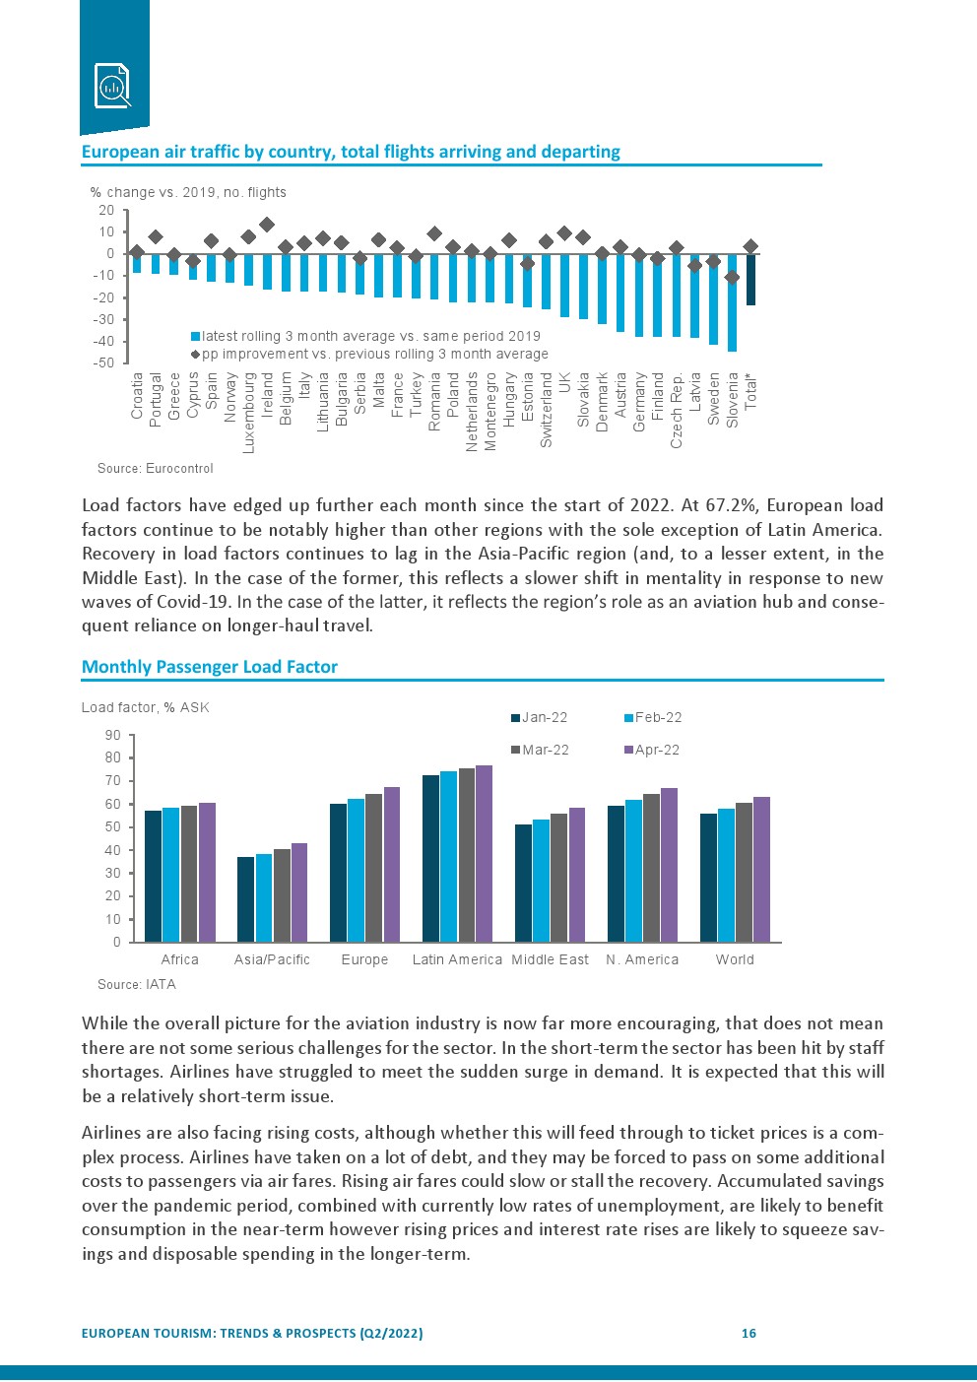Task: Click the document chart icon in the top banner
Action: [112, 85]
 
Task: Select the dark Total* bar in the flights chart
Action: [750, 280]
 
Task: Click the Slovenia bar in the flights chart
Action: [732, 302]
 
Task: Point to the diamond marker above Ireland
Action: [267, 226]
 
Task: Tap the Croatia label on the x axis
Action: [137, 395]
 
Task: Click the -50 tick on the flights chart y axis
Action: [104, 362]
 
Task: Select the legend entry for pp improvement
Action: [374, 354]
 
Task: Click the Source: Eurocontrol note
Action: [156, 468]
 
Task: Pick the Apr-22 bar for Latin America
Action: [484, 853]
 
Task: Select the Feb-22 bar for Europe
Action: [356, 870]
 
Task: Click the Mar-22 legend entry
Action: [545, 750]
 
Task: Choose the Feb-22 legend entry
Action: [658, 717]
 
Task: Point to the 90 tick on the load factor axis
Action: [112, 735]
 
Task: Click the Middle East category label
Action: [550, 959]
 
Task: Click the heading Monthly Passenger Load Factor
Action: [209, 667]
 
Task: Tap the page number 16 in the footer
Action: [749, 1333]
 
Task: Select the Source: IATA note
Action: [137, 984]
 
